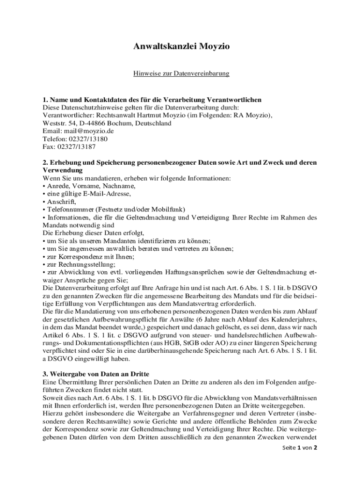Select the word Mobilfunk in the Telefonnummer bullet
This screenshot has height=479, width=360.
pos(171,209)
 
